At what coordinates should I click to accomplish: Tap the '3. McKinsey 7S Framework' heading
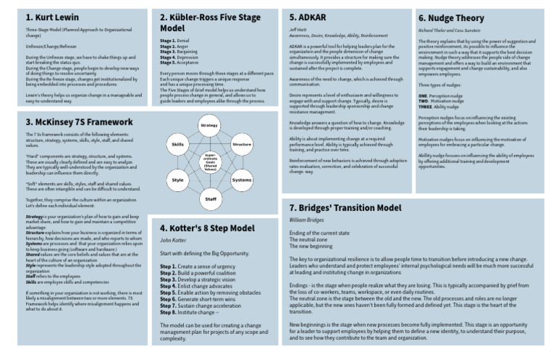tap(69, 122)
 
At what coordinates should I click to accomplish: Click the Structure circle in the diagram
tap(240, 146)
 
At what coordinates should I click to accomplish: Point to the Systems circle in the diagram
tap(240, 180)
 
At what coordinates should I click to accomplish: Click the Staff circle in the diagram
tap(208, 198)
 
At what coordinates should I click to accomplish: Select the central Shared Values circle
tap(208, 161)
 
